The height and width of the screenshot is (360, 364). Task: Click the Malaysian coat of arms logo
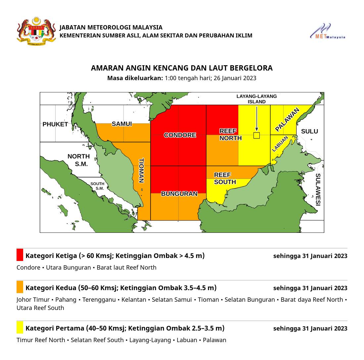(36, 31)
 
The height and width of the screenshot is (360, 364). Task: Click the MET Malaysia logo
(327, 31)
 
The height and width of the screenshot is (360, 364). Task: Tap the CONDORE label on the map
(180, 135)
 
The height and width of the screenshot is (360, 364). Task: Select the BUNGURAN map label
(179, 194)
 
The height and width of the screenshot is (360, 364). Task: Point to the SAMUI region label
(122, 124)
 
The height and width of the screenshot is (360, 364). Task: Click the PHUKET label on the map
(55, 125)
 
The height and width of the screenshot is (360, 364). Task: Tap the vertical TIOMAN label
(141, 171)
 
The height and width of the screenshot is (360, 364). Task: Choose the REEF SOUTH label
(225, 179)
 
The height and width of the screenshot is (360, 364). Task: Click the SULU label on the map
(309, 131)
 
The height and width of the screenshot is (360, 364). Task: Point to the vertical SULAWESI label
(318, 189)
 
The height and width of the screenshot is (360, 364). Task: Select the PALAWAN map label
(287, 119)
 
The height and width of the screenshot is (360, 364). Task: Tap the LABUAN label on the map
(280, 144)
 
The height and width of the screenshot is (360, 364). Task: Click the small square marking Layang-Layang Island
(256, 135)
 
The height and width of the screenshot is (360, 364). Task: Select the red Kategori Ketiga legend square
(20, 255)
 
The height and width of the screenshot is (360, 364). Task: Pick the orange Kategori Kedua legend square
(20, 287)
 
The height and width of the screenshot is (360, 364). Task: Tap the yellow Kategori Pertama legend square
(20, 328)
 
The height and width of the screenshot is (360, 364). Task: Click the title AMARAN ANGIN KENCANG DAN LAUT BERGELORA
(182, 68)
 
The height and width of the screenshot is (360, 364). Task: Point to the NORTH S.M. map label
(79, 160)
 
